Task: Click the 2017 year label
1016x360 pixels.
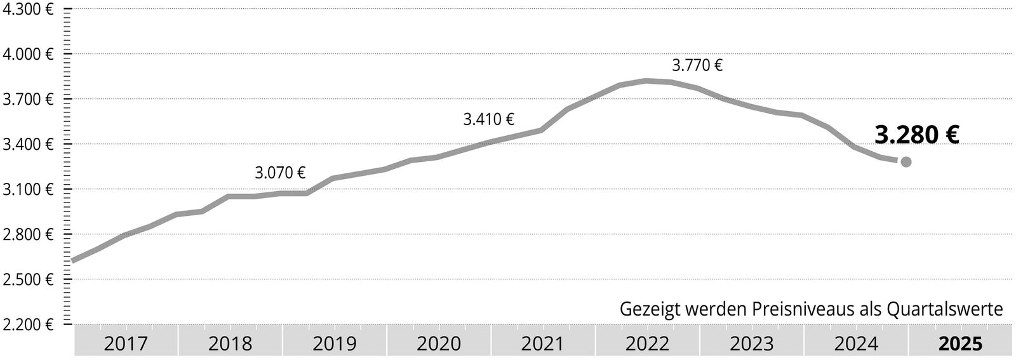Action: point(126,344)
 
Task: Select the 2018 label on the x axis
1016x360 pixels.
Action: point(230,344)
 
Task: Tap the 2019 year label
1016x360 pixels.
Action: point(335,344)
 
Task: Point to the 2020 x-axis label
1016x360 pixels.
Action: point(439,344)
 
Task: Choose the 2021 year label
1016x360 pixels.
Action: point(543,344)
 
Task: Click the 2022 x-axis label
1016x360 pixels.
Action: point(647,344)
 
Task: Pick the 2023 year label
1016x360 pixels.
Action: point(752,344)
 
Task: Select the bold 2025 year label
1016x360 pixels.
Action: point(960,344)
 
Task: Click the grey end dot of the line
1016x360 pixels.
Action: point(906,162)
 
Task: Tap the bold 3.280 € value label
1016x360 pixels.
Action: point(916,135)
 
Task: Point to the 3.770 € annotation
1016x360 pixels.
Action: point(697,65)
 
